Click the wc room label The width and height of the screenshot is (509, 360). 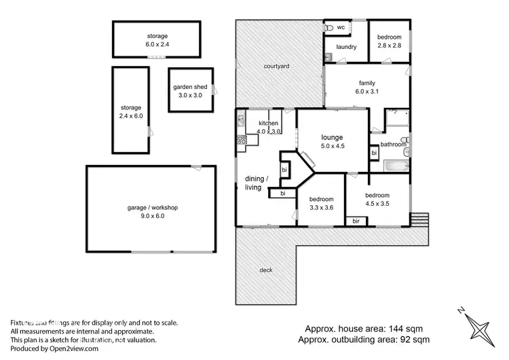click(x=341, y=27)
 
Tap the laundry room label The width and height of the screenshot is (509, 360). click(x=345, y=47)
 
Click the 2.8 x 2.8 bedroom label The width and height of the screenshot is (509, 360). click(x=390, y=41)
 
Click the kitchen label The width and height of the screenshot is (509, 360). click(x=268, y=127)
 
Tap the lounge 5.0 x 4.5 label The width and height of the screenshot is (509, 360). click(x=332, y=141)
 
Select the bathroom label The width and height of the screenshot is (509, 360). click(x=393, y=145)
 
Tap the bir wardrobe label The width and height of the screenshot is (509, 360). click(x=355, y=221)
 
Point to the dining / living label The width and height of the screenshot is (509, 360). click(x=257, y=183)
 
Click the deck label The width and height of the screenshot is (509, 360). click(x=266, y=270)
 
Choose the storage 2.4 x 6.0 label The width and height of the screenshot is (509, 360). click(x=131, y=112)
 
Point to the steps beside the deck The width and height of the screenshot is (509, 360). click(x=420, y=219)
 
